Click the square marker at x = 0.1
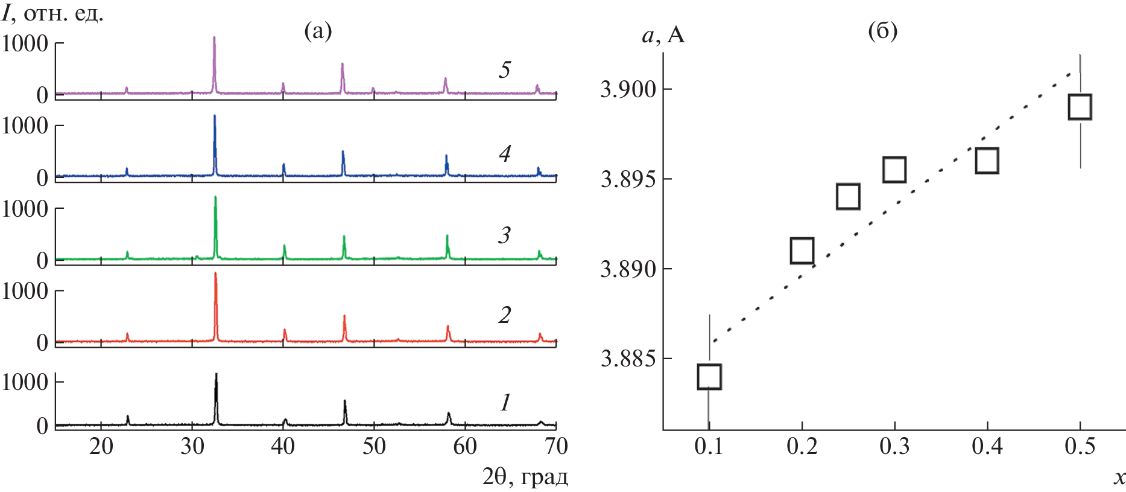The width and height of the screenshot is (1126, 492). point(709,377)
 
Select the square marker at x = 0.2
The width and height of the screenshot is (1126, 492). point(802,251)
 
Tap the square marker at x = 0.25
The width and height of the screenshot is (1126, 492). point(848,197)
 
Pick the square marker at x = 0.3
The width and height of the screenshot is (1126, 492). point(894,170)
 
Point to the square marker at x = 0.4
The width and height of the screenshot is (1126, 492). point(987,161)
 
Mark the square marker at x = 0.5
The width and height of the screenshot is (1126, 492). point(1080,107)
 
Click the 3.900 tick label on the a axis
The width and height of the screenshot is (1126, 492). point(628,90)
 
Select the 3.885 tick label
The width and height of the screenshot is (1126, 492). point(628,359)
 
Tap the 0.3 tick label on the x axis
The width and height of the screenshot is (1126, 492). point(894,447)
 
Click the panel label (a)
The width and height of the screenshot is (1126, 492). point(318,30)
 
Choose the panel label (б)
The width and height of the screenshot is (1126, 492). point(882,30)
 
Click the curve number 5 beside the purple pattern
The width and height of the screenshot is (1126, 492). point(505,70)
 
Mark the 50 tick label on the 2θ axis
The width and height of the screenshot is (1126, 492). point(374,447)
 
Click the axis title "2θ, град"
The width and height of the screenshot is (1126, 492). point(525,478)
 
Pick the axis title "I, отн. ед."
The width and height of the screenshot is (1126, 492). point(52,13)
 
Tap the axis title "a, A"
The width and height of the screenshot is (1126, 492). point(663,36)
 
